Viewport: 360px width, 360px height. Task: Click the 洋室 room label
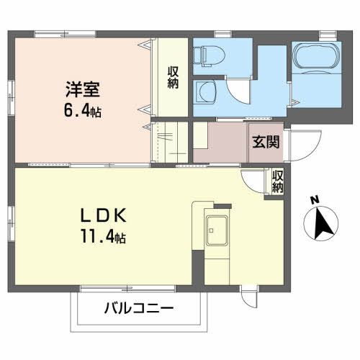[83, 89]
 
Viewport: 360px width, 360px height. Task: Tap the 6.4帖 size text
[82, 111]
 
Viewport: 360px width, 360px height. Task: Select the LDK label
[103, 215]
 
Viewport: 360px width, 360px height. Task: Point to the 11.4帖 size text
[103, 236]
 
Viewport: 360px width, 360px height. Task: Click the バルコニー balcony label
[139, 308]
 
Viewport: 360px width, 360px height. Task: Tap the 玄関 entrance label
[266, 142]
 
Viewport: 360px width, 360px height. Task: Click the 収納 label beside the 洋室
[173, 78]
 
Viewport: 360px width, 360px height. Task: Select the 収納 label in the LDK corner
[278, 181]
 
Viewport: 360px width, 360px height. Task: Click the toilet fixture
[209, 56]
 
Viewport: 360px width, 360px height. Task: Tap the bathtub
[317, 58]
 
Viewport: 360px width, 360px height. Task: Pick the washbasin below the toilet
[206, 92]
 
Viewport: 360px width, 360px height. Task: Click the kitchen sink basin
[217, 230]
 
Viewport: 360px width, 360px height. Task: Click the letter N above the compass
[315, 200]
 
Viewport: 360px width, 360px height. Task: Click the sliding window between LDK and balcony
[128, 289]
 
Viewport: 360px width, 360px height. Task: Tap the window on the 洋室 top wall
[66, 34]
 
